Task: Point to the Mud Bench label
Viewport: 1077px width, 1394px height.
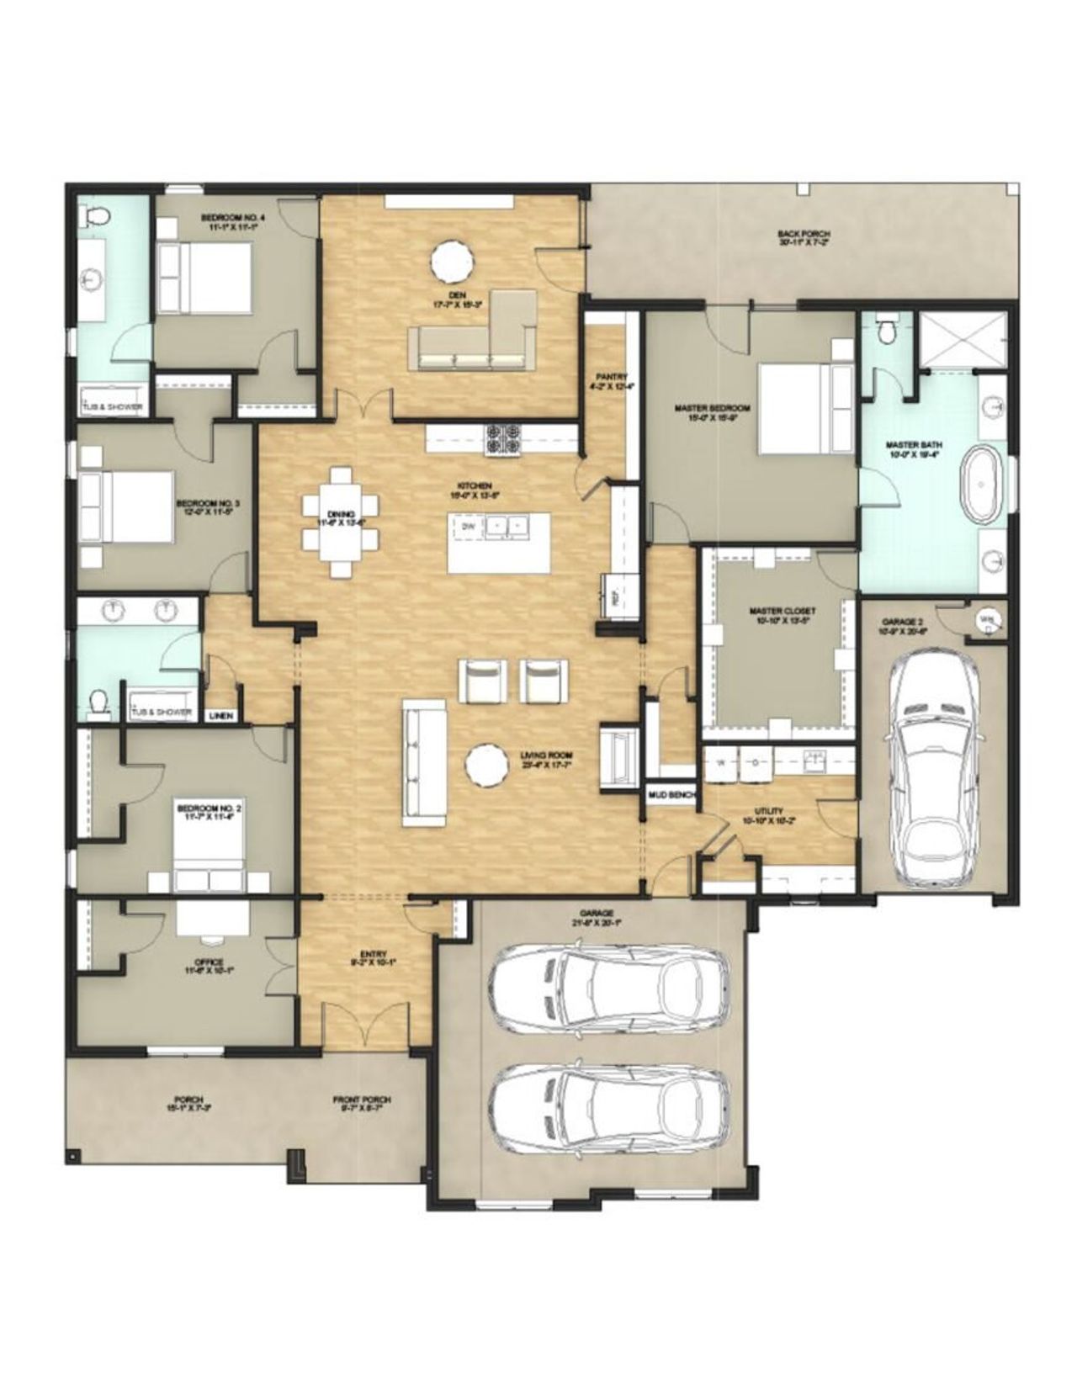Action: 669,794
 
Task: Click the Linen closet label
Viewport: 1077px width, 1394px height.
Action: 221,716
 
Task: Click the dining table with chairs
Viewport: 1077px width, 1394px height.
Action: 340,522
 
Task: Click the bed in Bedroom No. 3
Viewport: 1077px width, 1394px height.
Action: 126,507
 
